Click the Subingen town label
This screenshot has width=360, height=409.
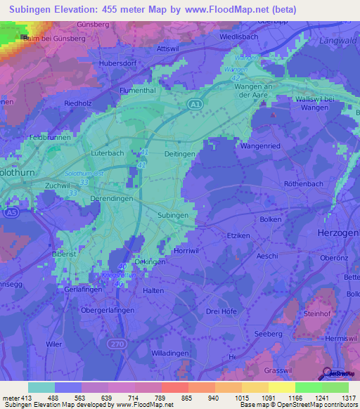(172, 215)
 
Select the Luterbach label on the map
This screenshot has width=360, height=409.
(108, 152)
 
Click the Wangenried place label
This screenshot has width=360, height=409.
(260, 146)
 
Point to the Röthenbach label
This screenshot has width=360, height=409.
(284, 183)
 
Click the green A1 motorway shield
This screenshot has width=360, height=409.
(195, 105)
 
